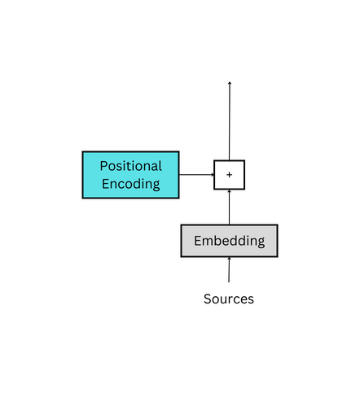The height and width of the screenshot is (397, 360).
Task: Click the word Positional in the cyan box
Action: [x=130, y=166]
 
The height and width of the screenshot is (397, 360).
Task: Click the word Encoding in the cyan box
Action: [x=130, y=184]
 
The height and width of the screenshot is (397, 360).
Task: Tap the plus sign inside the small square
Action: [x=229, y=175]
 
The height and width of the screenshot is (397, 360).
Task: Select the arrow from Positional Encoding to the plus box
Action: [x=195, y=174]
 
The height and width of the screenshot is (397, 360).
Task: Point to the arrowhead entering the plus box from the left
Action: [x=210, y=174]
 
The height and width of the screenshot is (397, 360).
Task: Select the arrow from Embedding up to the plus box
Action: [x=229, y=208]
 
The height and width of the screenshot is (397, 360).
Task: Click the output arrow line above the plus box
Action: [x=229, y=122]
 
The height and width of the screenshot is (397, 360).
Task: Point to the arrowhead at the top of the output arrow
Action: [x=229, y=83]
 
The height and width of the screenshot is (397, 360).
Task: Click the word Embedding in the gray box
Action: [x=229, y=241]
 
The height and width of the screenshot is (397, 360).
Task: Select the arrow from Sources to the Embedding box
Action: [x=229, y=271]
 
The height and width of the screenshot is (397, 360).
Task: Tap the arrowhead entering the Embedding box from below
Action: [x=229, y=260]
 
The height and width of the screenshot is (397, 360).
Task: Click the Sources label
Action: [x=228, y=299]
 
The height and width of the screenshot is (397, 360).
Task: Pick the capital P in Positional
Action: [x=103, y=166]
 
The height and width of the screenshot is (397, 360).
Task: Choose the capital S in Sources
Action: [x=207, y=299]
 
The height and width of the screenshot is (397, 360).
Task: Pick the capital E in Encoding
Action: [x=106, y=184]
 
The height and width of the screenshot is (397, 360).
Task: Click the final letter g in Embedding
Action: [x=261, y=242]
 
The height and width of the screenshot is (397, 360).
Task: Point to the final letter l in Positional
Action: [x=160, y=166]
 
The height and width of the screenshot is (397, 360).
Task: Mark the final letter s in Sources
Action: [x=250, y=300]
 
